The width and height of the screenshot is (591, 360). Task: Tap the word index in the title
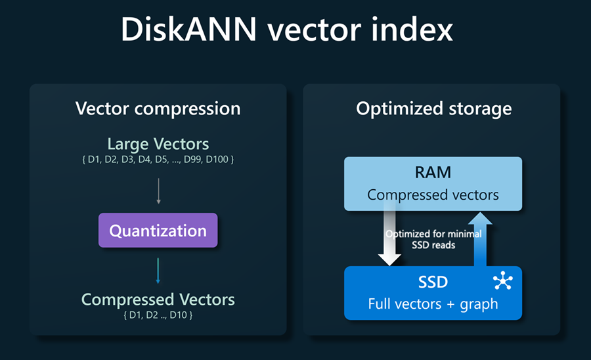[412, 29]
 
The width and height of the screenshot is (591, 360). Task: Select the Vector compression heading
[158, 109]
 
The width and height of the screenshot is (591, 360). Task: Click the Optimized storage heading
[434, 109]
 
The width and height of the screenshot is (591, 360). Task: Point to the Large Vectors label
[158, 144]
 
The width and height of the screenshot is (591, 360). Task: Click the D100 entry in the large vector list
[217, 160]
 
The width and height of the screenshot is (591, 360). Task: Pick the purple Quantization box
[158, 231]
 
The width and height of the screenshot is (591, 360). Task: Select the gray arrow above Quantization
[159, 191]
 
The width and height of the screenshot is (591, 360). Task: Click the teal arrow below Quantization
[158, 271]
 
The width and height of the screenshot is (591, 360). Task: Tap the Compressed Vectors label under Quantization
[158, 300]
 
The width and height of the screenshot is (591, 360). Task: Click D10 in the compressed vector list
[177, 315]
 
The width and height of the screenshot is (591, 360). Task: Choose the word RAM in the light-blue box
[433, 172]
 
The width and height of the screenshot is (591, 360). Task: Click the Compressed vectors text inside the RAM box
[433, 195]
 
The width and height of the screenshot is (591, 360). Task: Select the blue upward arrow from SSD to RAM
[480, 239]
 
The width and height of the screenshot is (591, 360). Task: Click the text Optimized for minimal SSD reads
[433, 239]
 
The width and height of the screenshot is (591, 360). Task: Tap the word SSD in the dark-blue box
[433, 282]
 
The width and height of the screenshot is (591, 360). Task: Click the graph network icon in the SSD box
[503, 281]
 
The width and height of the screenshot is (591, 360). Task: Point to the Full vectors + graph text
[433, 304]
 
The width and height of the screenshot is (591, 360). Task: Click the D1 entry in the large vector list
[93, 160]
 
